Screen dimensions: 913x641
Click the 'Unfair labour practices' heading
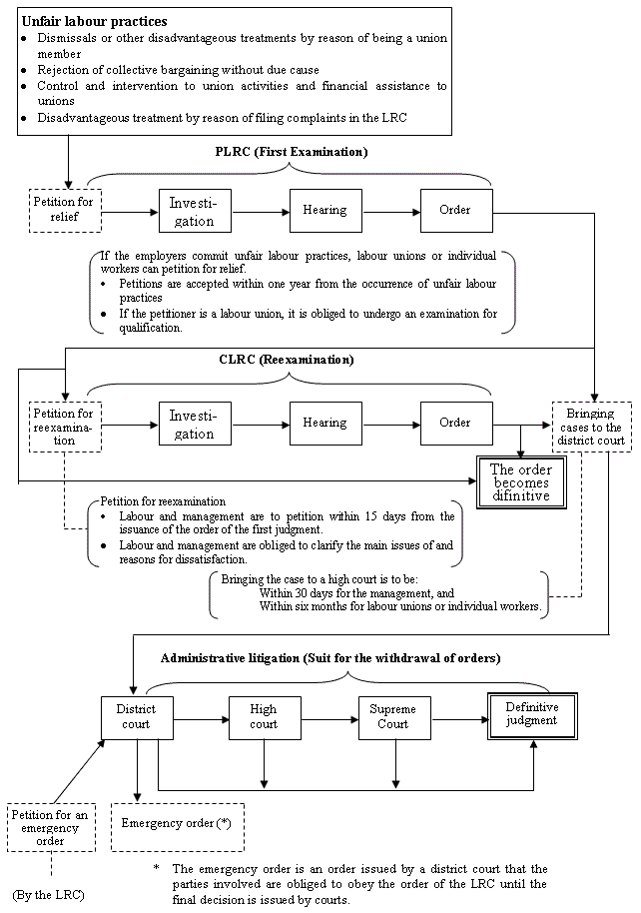pos(94,21)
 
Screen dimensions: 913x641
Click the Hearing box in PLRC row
pos(324,210)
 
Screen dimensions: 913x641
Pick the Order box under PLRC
pos(455,210)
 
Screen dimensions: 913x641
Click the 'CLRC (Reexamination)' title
pos(287,359)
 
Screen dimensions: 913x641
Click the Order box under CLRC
pos(455,424)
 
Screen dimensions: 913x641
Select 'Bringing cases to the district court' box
pos(591,427)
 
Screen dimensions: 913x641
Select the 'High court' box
pos(265,716)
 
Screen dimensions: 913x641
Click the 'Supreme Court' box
pos(392,716)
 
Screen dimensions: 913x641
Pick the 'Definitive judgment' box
pos(531,715)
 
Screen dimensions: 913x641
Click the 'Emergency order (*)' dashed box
pos(177,824)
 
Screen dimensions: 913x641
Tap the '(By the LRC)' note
pos(47,890)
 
